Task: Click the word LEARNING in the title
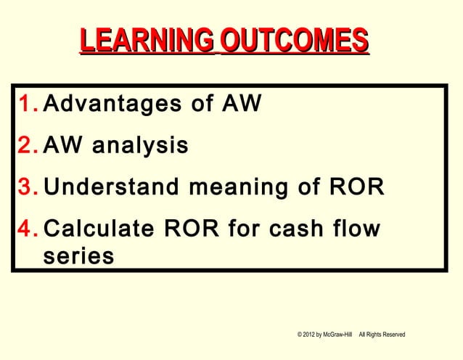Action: [x=144, y=41]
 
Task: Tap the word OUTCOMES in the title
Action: [x=294, y=41]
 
